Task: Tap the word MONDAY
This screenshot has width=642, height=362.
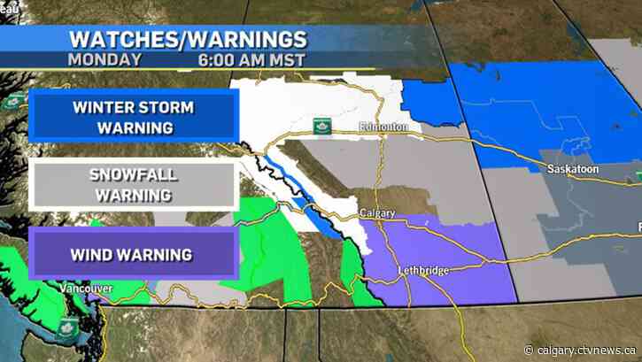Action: [104, 60]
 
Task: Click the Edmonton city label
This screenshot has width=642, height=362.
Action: [384, 127]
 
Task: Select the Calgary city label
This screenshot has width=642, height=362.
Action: [377, 212]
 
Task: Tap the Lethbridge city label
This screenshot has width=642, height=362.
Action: [423, 267]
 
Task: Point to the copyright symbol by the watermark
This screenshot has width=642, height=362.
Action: [531, 348]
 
